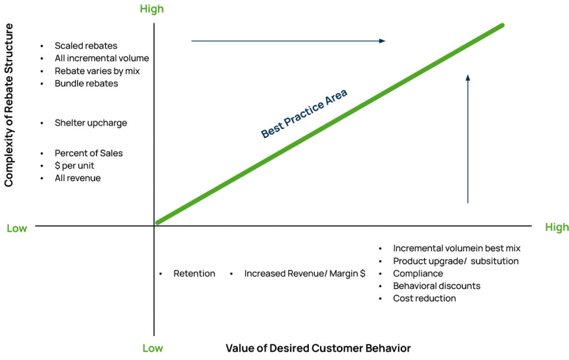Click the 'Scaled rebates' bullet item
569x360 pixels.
86,46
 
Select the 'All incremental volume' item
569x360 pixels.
102,58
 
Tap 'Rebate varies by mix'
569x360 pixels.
97,71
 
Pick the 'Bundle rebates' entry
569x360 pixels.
86,83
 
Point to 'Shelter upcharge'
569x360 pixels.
91,123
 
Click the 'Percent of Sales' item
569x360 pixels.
88,153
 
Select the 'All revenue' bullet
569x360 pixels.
78,178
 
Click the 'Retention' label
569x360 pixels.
194,274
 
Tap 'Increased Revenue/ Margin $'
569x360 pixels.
305,274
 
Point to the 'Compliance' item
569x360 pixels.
418,273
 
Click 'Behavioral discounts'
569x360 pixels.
436,286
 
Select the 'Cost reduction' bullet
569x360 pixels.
424,298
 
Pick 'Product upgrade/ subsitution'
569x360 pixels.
456,261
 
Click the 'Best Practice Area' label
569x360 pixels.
304,114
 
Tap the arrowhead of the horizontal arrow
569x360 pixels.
382,41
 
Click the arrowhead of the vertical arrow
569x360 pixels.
468,78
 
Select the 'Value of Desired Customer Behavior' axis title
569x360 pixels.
318,348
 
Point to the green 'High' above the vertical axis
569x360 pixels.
152,9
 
